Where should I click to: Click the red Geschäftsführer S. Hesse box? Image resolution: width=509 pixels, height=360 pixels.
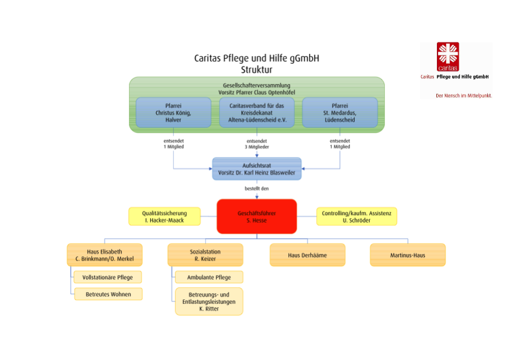(257, 216)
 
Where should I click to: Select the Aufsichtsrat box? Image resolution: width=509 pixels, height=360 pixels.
(257, 168)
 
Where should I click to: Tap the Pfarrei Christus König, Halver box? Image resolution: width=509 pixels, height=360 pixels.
(173, 112)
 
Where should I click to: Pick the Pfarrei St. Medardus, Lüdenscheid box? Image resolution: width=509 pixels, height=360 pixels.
(340, 112)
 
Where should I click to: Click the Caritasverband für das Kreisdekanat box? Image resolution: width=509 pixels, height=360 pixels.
(257, 112)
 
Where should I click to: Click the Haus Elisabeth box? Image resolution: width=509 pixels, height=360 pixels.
(104, 255)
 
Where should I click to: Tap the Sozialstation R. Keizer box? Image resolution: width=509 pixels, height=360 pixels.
(205, 255)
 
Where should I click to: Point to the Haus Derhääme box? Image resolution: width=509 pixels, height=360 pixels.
(307, 255)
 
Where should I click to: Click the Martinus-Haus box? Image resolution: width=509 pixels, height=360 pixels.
(408, 255)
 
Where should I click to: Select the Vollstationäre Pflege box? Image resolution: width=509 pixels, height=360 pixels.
(108, 277)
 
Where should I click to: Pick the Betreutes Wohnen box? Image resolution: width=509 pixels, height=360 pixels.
(108, 294)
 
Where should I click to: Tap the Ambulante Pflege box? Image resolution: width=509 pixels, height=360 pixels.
(209, 277)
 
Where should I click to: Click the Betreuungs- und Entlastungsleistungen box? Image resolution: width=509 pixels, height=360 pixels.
(209, 301)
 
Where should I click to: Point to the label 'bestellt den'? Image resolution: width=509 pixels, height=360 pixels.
(257, 188)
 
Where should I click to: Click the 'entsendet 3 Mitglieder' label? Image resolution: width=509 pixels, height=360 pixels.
(257, 144)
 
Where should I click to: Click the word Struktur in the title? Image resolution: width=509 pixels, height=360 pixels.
(256, 70)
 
